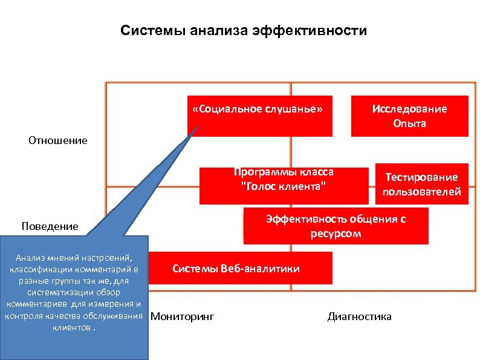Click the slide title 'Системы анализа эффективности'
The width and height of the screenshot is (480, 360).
pos(243,30)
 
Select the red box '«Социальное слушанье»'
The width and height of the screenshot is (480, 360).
pos(260,116)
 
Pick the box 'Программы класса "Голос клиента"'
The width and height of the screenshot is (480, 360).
pos(284,185)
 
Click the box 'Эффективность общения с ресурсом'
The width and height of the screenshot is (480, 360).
pos(336,226)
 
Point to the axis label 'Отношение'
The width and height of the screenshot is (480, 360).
pos(58,140)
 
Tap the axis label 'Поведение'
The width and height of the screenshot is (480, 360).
pos(50,226)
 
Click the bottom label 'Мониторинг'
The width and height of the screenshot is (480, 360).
pos(182,316)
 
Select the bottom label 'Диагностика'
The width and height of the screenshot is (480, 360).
pos(359,316)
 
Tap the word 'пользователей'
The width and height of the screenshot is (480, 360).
pos(421,192)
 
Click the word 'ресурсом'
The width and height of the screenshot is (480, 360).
pos(336,234)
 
